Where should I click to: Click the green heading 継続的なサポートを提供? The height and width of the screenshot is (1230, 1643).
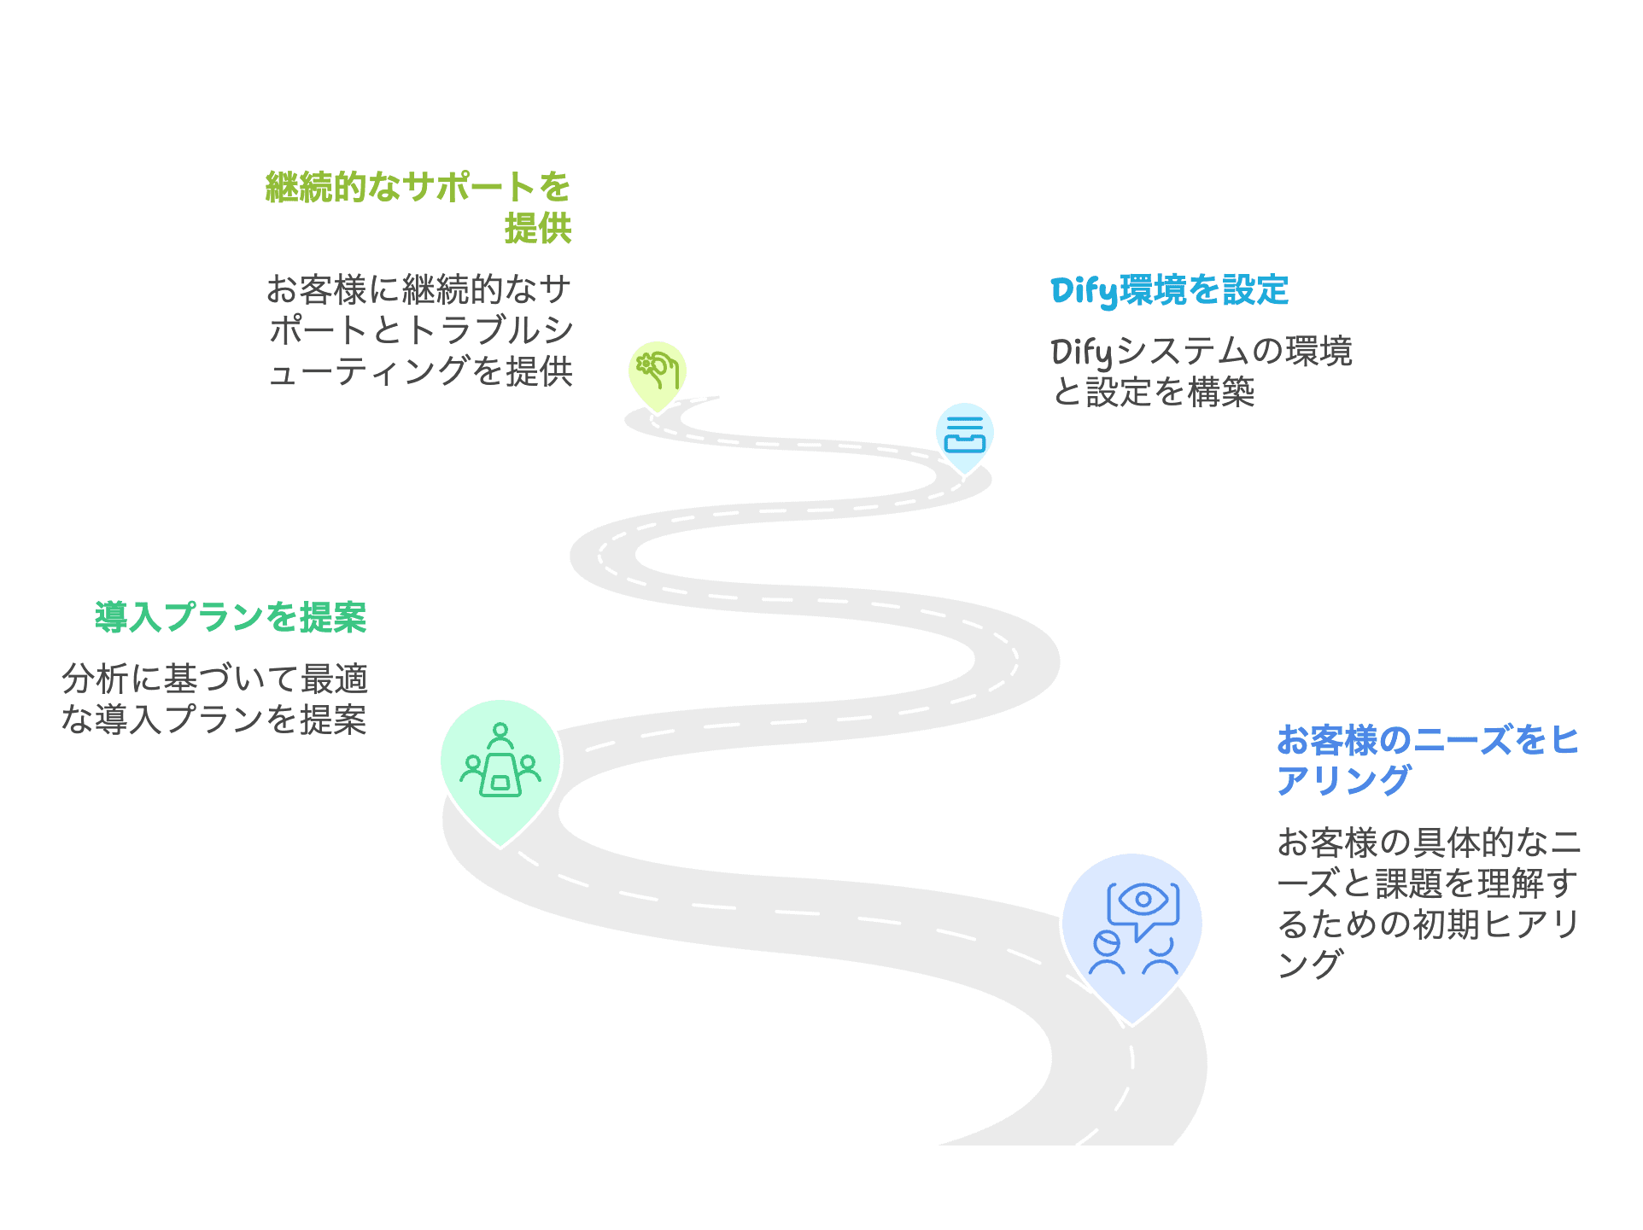click(418, 207)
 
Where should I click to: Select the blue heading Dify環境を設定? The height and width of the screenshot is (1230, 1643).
click(1169, 290)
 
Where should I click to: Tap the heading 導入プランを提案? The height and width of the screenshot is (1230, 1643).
click(231, 617)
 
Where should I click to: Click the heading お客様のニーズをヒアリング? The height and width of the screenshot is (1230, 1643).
click(1427, 759)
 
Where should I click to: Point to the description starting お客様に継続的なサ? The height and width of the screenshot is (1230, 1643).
click(419, 330)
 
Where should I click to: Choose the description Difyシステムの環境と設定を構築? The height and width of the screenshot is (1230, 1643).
click(1201, 371)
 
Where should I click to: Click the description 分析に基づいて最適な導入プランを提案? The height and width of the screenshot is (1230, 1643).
click(214, 699)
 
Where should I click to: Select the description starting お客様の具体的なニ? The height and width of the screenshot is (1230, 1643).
click(1428, 902)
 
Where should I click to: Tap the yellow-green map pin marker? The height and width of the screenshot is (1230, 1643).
click(657, 374)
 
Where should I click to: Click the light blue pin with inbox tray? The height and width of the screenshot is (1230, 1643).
click(964, 434)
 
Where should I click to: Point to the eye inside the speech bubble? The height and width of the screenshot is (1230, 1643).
click(1143, 900)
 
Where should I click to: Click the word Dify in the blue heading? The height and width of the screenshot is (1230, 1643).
click(1084, 291)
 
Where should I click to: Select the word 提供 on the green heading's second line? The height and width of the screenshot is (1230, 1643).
click(537, 229)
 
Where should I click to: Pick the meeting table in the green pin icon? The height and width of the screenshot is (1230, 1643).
click(500, 776)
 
